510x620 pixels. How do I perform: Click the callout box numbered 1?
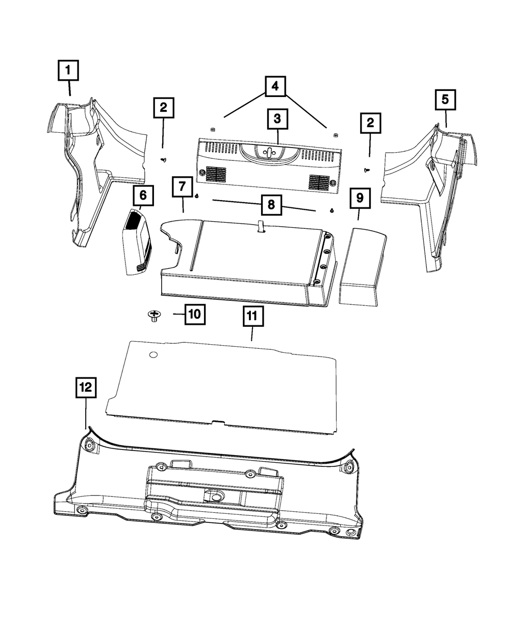pos(68,71)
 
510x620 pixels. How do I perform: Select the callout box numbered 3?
pos(277,119)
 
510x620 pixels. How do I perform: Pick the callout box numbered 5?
pos(445,100)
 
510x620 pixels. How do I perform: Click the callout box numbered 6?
pos(143,195)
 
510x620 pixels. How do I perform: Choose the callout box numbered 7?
pos(182,187)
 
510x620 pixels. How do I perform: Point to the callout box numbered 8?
pos(271,205)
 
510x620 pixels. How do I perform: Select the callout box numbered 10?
pos(194,314)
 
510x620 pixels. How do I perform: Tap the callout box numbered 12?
pos(85,388)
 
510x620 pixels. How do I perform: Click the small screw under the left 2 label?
pos(164,160)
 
